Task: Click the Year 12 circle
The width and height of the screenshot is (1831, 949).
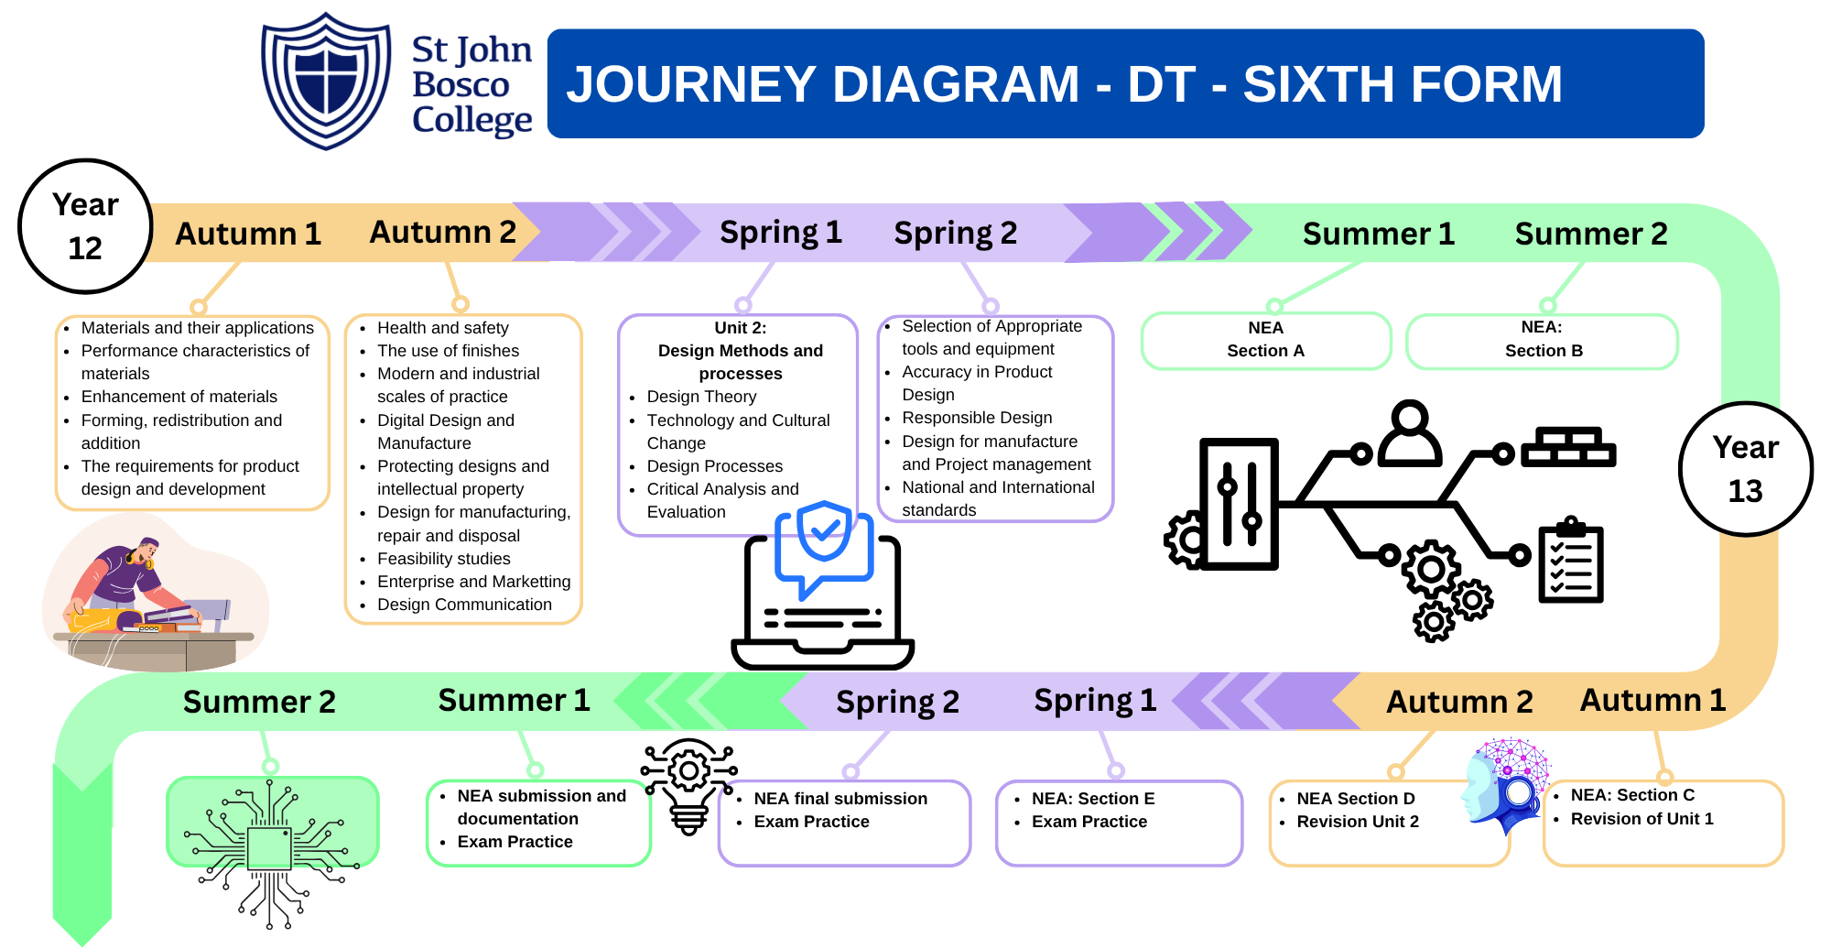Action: (x=85, y=226)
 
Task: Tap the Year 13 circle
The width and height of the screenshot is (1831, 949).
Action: (x=1745, y=469)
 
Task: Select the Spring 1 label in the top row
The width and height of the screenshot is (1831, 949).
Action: (x=780, y=233)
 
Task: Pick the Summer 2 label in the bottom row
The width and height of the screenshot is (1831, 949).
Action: (x=259, y=702)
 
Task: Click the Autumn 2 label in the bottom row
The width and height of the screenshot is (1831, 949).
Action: (x=1459, y=702)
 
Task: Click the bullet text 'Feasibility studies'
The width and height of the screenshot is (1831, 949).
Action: (x=444, y=559)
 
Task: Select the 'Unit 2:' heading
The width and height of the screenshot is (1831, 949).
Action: (x=740, y=328)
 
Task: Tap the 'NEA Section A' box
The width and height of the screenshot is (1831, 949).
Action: (x=1265, y=340)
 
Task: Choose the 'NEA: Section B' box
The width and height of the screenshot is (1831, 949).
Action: (x=1543, y=340)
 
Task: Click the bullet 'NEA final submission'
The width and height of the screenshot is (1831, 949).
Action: (x=840, y=799)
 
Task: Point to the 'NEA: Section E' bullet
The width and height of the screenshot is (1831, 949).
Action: (x=1093, y=799)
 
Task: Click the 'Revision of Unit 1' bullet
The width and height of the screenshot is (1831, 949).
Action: (x=1641, y=819)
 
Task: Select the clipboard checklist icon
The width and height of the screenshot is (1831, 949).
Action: (x=1571, y=561)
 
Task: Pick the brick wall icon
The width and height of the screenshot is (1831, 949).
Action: (x=1568, y=447)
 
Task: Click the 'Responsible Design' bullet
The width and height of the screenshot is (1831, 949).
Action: (x=977, y=418)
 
